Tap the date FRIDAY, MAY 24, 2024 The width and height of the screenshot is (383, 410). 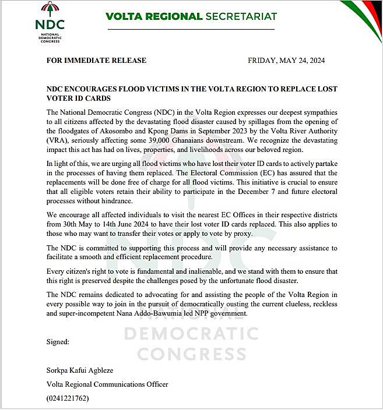click(x=286, y=61)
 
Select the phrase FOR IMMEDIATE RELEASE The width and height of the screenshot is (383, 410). click(x=97, y=61)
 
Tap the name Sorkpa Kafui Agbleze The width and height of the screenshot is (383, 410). click(x=80, y=370)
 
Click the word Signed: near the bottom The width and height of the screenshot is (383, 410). click(x=58, y=342)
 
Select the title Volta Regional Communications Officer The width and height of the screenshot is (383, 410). click(x=107, y=384)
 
